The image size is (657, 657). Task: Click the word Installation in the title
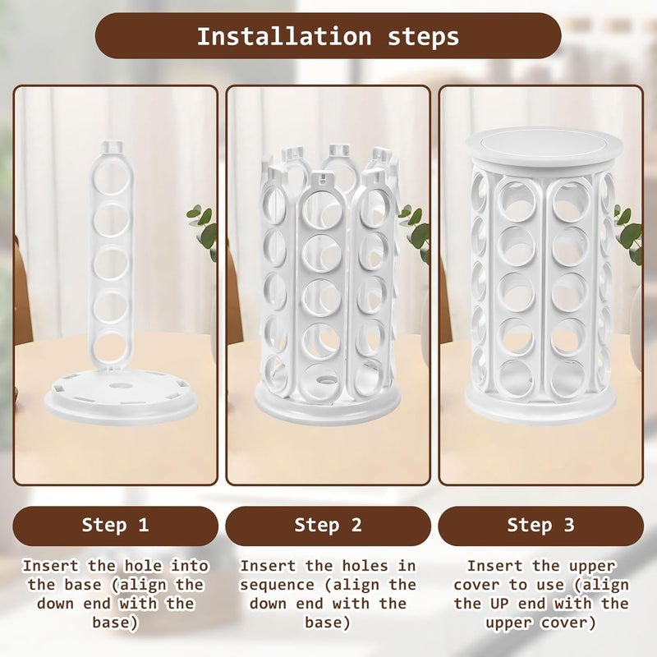pos(284,36)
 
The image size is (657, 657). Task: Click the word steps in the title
pos(423,38)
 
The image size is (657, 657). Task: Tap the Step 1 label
pos(115,526)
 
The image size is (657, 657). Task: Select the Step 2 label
pos(328,526)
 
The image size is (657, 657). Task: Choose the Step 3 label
pos(541,526)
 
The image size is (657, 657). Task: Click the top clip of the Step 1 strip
pos(113,147)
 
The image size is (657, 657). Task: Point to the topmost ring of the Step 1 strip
pos(112,177)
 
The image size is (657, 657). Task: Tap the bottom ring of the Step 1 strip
pos(112,351)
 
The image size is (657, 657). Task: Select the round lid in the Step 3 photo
pos(544,148)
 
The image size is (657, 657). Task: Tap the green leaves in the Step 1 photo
pos(202,228)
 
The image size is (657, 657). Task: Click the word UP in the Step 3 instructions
pos(499,604)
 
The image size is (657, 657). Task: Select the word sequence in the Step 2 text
pos(277,586)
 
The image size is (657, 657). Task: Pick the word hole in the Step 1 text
pos(143,566)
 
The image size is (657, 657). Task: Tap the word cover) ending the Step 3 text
pos(568,623)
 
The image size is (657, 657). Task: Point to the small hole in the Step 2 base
pos(324,380)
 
